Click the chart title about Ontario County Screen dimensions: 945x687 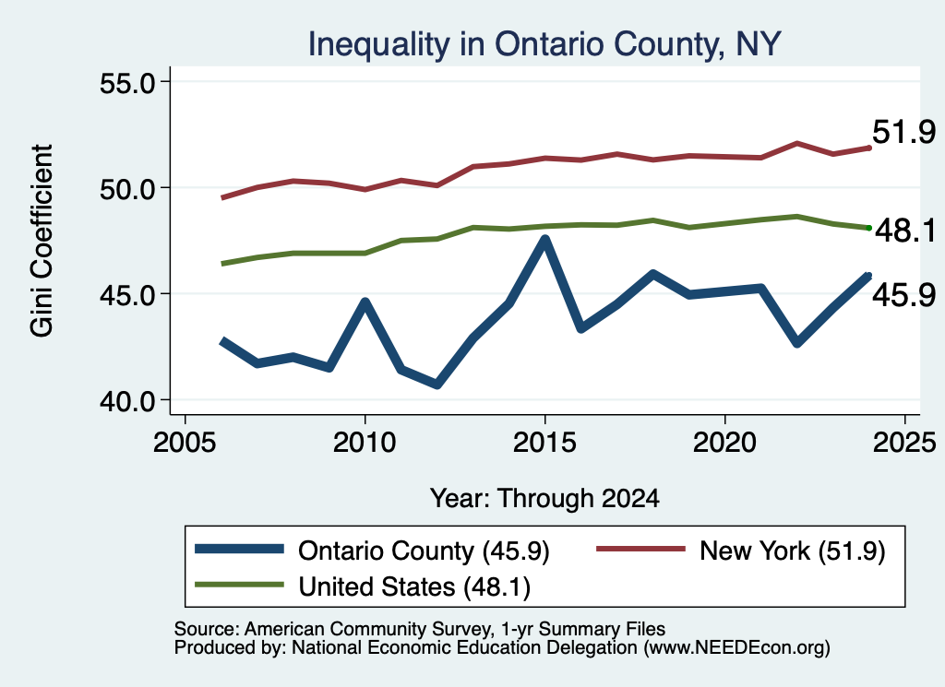(544, 44)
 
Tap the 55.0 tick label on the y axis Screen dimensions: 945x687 (127, 82)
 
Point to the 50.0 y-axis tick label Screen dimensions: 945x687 (127, 188)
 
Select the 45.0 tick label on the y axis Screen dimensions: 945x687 (127, 294)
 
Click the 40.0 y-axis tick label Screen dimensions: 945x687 (127, 400)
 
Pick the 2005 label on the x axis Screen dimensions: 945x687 (185, 443)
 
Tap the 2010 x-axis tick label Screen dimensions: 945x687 (364, 443)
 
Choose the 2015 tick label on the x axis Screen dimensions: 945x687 (544, 443)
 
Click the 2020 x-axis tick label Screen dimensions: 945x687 (724, 443)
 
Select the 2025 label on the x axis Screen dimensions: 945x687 (904, 443)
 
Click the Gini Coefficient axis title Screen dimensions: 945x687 (42, 241)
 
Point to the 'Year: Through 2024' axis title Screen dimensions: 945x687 (544, 499)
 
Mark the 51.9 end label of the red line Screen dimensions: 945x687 (903, 132)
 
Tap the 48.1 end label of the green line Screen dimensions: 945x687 (905, 231)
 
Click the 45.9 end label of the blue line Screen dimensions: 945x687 (903, 295)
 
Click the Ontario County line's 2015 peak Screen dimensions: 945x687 (544, 239)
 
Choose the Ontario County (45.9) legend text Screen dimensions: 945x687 (424, 551)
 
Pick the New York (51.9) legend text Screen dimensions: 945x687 (792, 551)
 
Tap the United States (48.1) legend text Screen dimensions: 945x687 (414, 587)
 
